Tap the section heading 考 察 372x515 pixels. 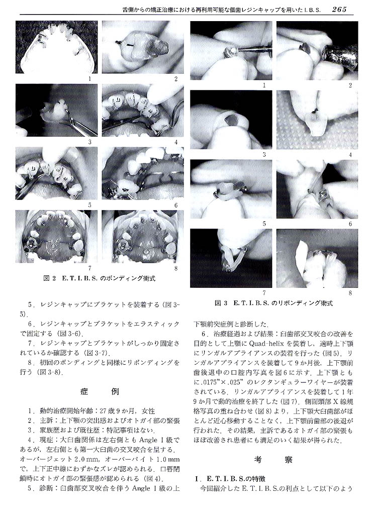[273, 459]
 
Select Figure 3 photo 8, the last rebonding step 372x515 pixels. [317, 258]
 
